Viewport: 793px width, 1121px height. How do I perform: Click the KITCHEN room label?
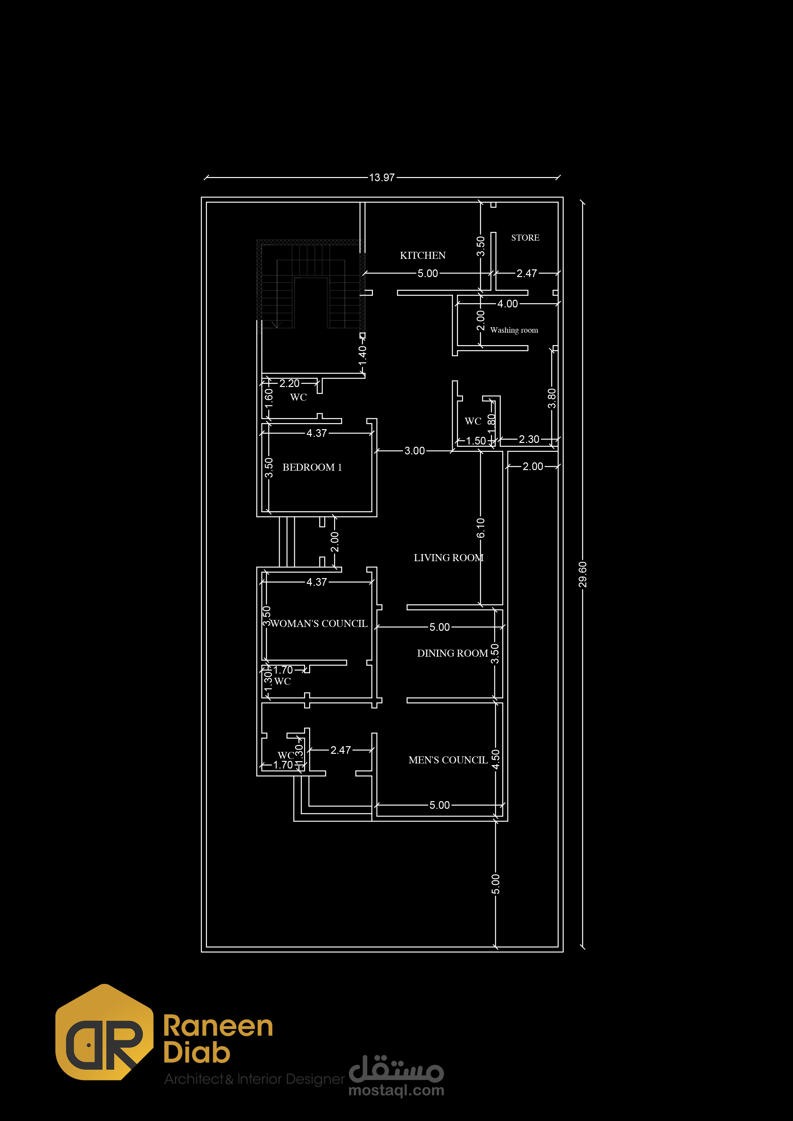pyautogui.click(x=423, y=255)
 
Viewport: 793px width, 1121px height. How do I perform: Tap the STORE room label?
pyautogui.click(x=525, y=238)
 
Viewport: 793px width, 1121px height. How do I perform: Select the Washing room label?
pyautogui.click(x=514, y=330)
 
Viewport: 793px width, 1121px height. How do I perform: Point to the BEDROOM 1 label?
pyautogui.click(x=312, y=467)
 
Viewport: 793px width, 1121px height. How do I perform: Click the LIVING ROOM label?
pyautogui.click(x=449, y=558)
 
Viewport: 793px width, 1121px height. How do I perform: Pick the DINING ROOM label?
pyautogui.click(x=452, y=653)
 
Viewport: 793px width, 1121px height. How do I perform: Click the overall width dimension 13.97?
pyautogui.click(x=381, y=178)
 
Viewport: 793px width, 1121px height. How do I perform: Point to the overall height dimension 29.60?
pyautogui.click(x=582, y=574)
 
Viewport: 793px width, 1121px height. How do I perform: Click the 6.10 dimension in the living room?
pyautogui.click(x=481, y=528)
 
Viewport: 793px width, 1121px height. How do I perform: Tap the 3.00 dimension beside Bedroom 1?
pyautogui.click(x=414, y=451)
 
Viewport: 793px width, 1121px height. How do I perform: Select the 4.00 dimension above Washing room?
pyautogui.click(x=508, y=304)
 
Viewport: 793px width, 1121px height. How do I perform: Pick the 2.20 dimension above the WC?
pyautogui.click(x=289, y=383)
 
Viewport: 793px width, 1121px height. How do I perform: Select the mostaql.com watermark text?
pyautogui.click(x=396, y=1091)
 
